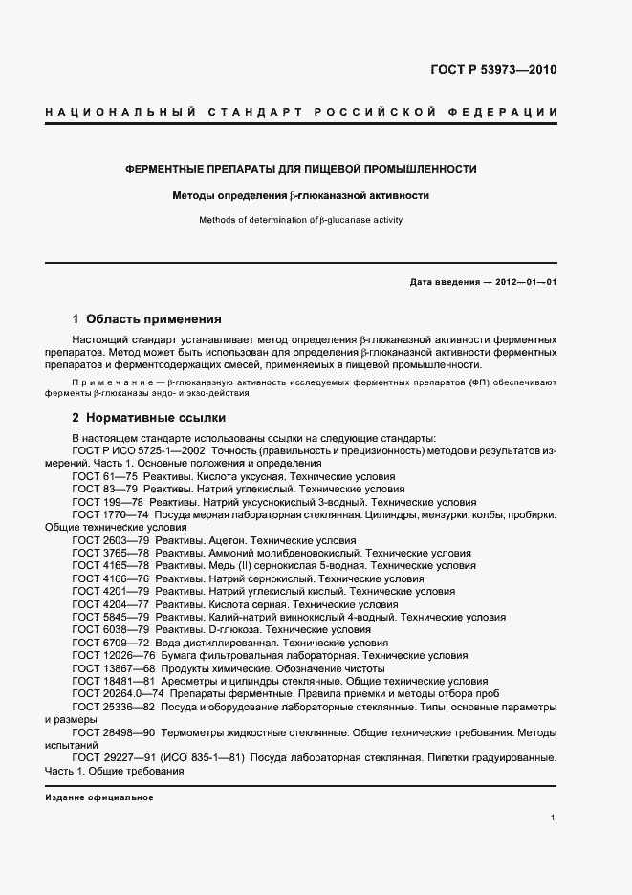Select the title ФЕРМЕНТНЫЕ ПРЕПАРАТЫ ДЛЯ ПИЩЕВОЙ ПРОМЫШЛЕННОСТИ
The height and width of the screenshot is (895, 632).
point(301,169)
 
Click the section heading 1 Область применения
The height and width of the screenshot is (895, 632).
point(146,318)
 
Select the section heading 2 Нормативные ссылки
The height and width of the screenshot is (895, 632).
point(148,418)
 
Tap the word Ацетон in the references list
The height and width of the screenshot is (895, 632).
point(227,540)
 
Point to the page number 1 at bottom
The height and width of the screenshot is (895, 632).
point(554,818)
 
